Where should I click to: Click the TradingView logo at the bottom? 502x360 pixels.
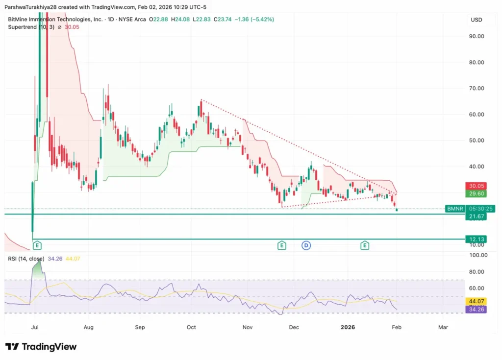(41, 347)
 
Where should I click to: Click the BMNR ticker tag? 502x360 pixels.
(454, 209)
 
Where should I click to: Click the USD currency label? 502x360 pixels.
(477, 20)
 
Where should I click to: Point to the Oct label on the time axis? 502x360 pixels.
(191, 327)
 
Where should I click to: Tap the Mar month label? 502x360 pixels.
(443, 327)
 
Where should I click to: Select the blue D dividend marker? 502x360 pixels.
(306, 245)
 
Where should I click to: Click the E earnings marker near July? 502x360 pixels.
(37, 245)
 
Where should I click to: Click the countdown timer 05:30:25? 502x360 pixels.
(481, 209)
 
